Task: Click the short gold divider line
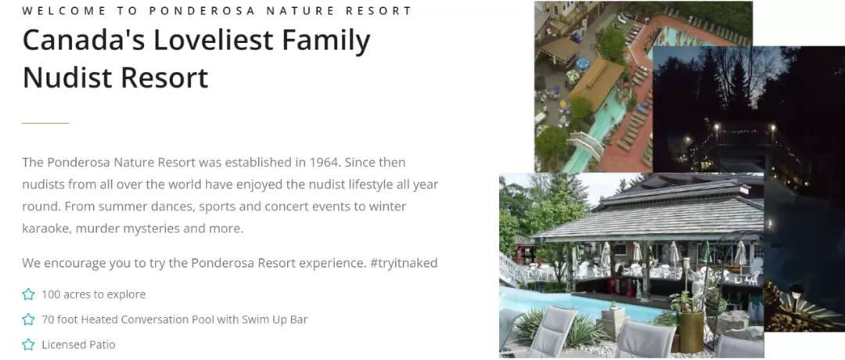point(46,123)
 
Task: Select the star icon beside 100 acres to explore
point(28,294)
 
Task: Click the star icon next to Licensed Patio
point(28,344)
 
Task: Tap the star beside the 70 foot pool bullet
point(28,319)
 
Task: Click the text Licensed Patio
point(78,345)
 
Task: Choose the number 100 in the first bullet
point(50,295)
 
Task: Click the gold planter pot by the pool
point(691,331)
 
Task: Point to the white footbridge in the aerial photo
point(586,145)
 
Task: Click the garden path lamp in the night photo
point(797,294)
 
